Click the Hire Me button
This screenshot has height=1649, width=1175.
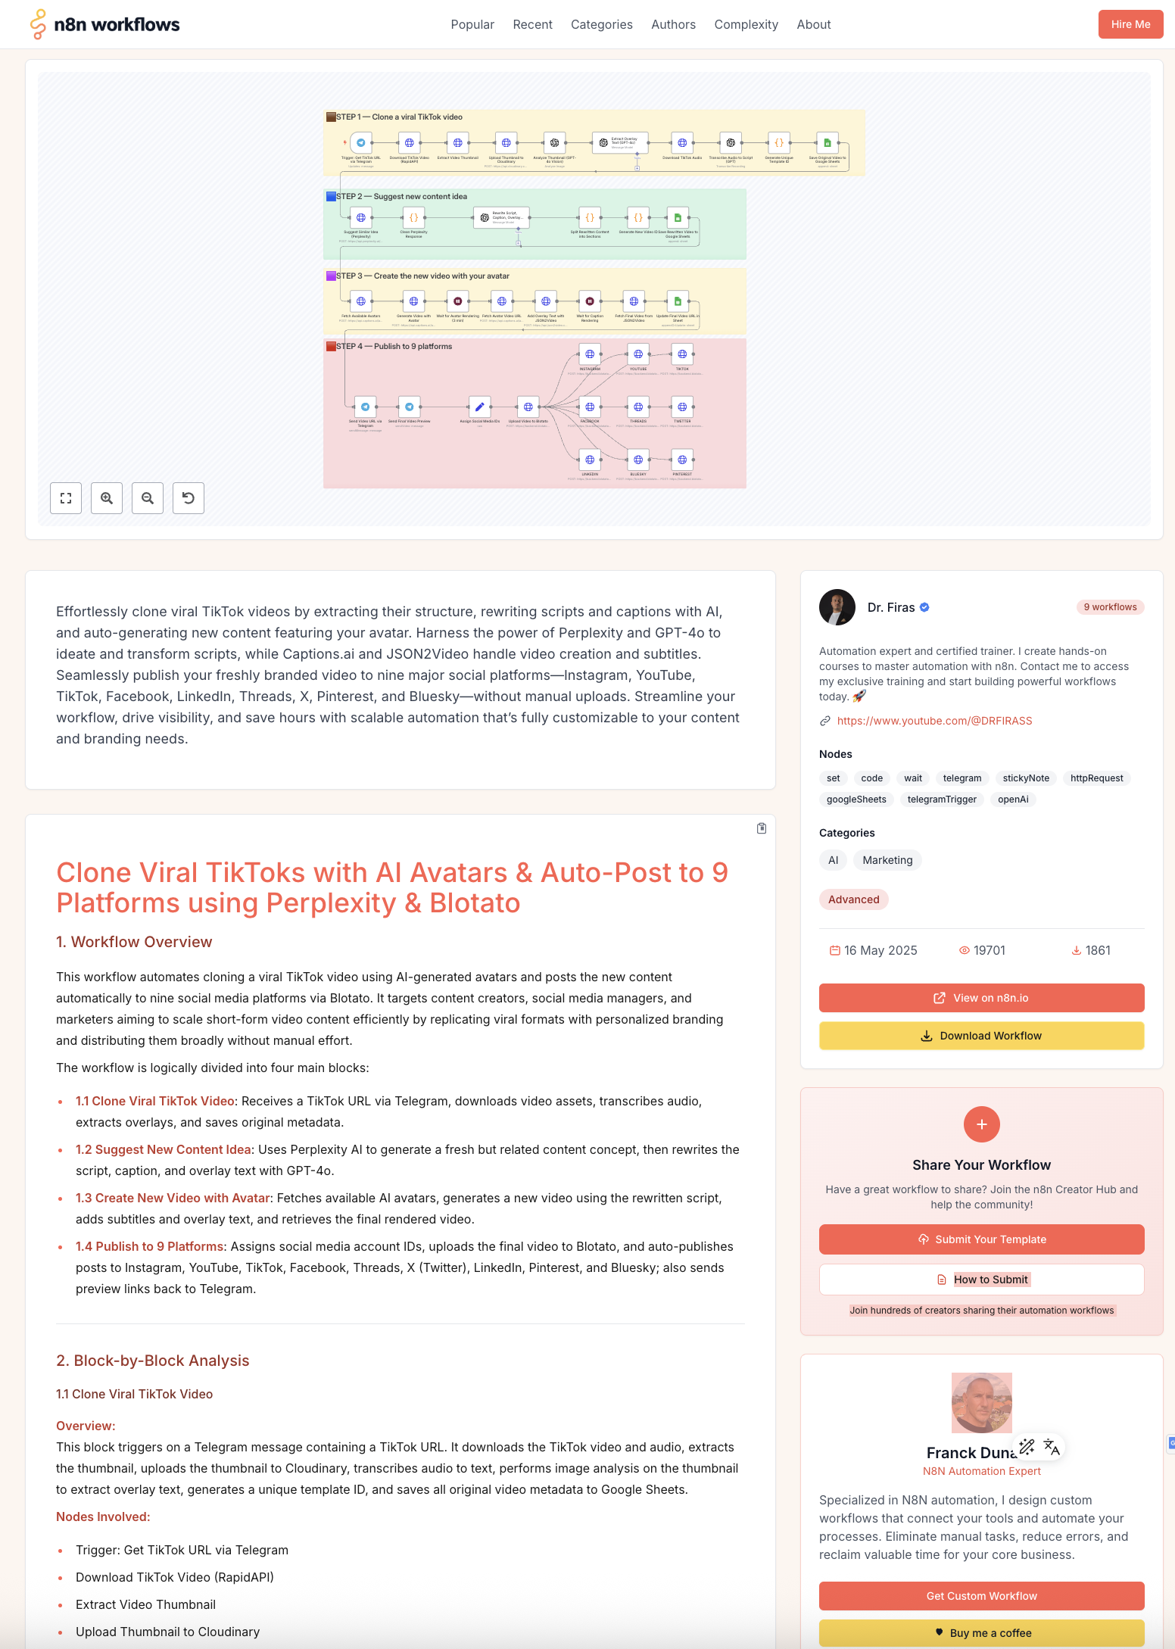[1130, 24]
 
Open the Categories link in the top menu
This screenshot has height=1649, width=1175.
[601, 24]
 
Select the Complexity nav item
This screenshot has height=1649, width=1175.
[745, 24]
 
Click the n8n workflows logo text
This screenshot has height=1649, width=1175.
[117, 24]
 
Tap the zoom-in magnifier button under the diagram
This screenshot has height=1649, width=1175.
[107, 498]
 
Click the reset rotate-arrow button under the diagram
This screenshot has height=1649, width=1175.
[189, 498]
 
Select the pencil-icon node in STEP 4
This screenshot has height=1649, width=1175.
[479, 407]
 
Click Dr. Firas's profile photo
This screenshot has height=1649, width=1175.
[837, 607]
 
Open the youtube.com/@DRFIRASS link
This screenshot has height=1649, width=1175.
[934, 721]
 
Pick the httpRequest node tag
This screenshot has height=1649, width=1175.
[1096, 778]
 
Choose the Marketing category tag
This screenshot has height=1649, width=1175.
[887, 860]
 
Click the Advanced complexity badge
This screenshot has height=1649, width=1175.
[853, 899]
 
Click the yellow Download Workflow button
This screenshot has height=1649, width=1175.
[981, 1036]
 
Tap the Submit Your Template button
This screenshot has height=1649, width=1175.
[981, 1239]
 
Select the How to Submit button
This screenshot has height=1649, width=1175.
[981, 1280]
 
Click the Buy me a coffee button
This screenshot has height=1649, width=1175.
[981, 1633]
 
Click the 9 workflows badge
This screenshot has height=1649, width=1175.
[1109, 607]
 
